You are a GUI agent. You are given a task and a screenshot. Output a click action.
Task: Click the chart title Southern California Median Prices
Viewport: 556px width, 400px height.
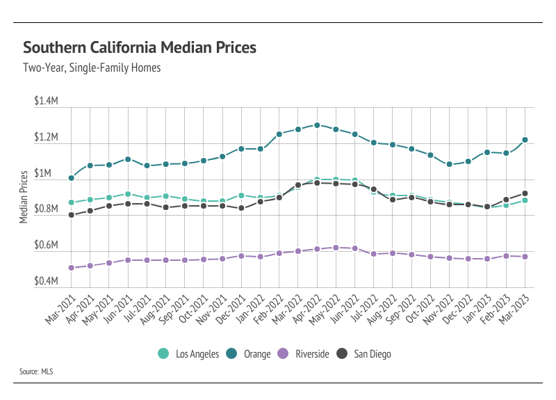click(x=140, y=48)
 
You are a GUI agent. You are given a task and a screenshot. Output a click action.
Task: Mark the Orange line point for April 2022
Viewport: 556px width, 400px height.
click(x=317, y=125)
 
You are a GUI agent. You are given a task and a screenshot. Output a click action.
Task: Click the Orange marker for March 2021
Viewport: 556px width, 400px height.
click(x=72, y=178)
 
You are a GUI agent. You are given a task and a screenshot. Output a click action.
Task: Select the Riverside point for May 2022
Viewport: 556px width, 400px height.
click(x=336, y=248)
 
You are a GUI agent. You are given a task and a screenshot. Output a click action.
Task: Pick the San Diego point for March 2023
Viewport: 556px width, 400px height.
click(x=525, y=193)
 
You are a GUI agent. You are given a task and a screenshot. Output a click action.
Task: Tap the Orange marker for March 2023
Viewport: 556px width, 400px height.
click(x=525, y=140)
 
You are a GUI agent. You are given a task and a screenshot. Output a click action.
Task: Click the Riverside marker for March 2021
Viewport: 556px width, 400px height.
click(x=72, y=268)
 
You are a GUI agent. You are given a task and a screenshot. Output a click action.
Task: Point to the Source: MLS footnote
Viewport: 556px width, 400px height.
click(x=36, y=372)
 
